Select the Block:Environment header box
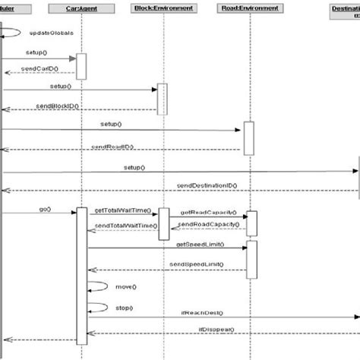point(163,8)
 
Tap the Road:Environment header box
point(248,8)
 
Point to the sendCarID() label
point(36,68)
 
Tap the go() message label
point(44,208)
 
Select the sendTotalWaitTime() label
point(124,226)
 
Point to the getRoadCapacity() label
point(208,212)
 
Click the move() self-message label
point(126,286)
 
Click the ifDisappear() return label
point(216,329)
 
